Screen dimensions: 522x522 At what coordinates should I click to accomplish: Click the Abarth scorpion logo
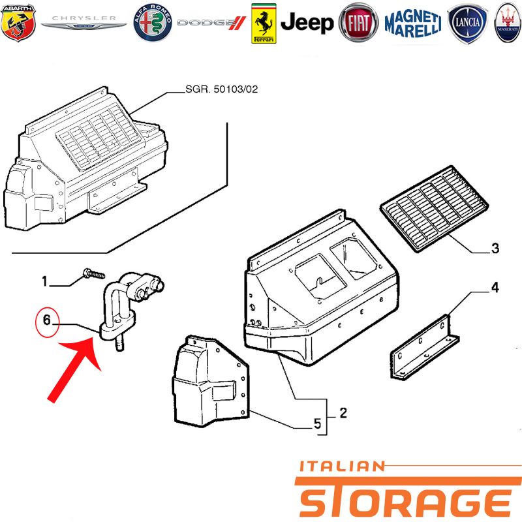point(18,23)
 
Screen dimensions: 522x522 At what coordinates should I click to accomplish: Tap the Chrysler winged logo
point(84,22)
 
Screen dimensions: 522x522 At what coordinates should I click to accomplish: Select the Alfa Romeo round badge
point(153,23)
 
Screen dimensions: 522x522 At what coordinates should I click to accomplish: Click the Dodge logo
point(211,23)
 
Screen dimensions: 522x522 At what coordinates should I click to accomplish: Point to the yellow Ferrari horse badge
point(264,23)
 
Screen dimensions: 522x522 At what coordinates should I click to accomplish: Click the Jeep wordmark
point(307,23)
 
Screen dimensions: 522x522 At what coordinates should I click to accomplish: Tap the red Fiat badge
point(358,23)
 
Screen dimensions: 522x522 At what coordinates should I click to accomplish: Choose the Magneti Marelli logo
point(413,23)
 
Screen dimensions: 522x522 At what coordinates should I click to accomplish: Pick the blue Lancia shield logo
point(467,23)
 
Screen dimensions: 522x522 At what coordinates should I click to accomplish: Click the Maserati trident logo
point(508,23)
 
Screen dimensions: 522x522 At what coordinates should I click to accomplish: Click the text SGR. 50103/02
point(221,89)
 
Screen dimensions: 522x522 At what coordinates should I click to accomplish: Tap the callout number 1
point(44,281)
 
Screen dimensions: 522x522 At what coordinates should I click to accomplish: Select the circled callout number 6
point(47,320)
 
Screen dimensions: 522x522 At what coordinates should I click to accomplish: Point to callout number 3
point(495,248)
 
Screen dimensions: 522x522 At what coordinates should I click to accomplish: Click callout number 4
point(495,287)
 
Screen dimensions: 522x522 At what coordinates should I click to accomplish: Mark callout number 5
point(317,423)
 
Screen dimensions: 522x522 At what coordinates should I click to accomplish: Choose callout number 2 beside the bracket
point(343,413)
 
